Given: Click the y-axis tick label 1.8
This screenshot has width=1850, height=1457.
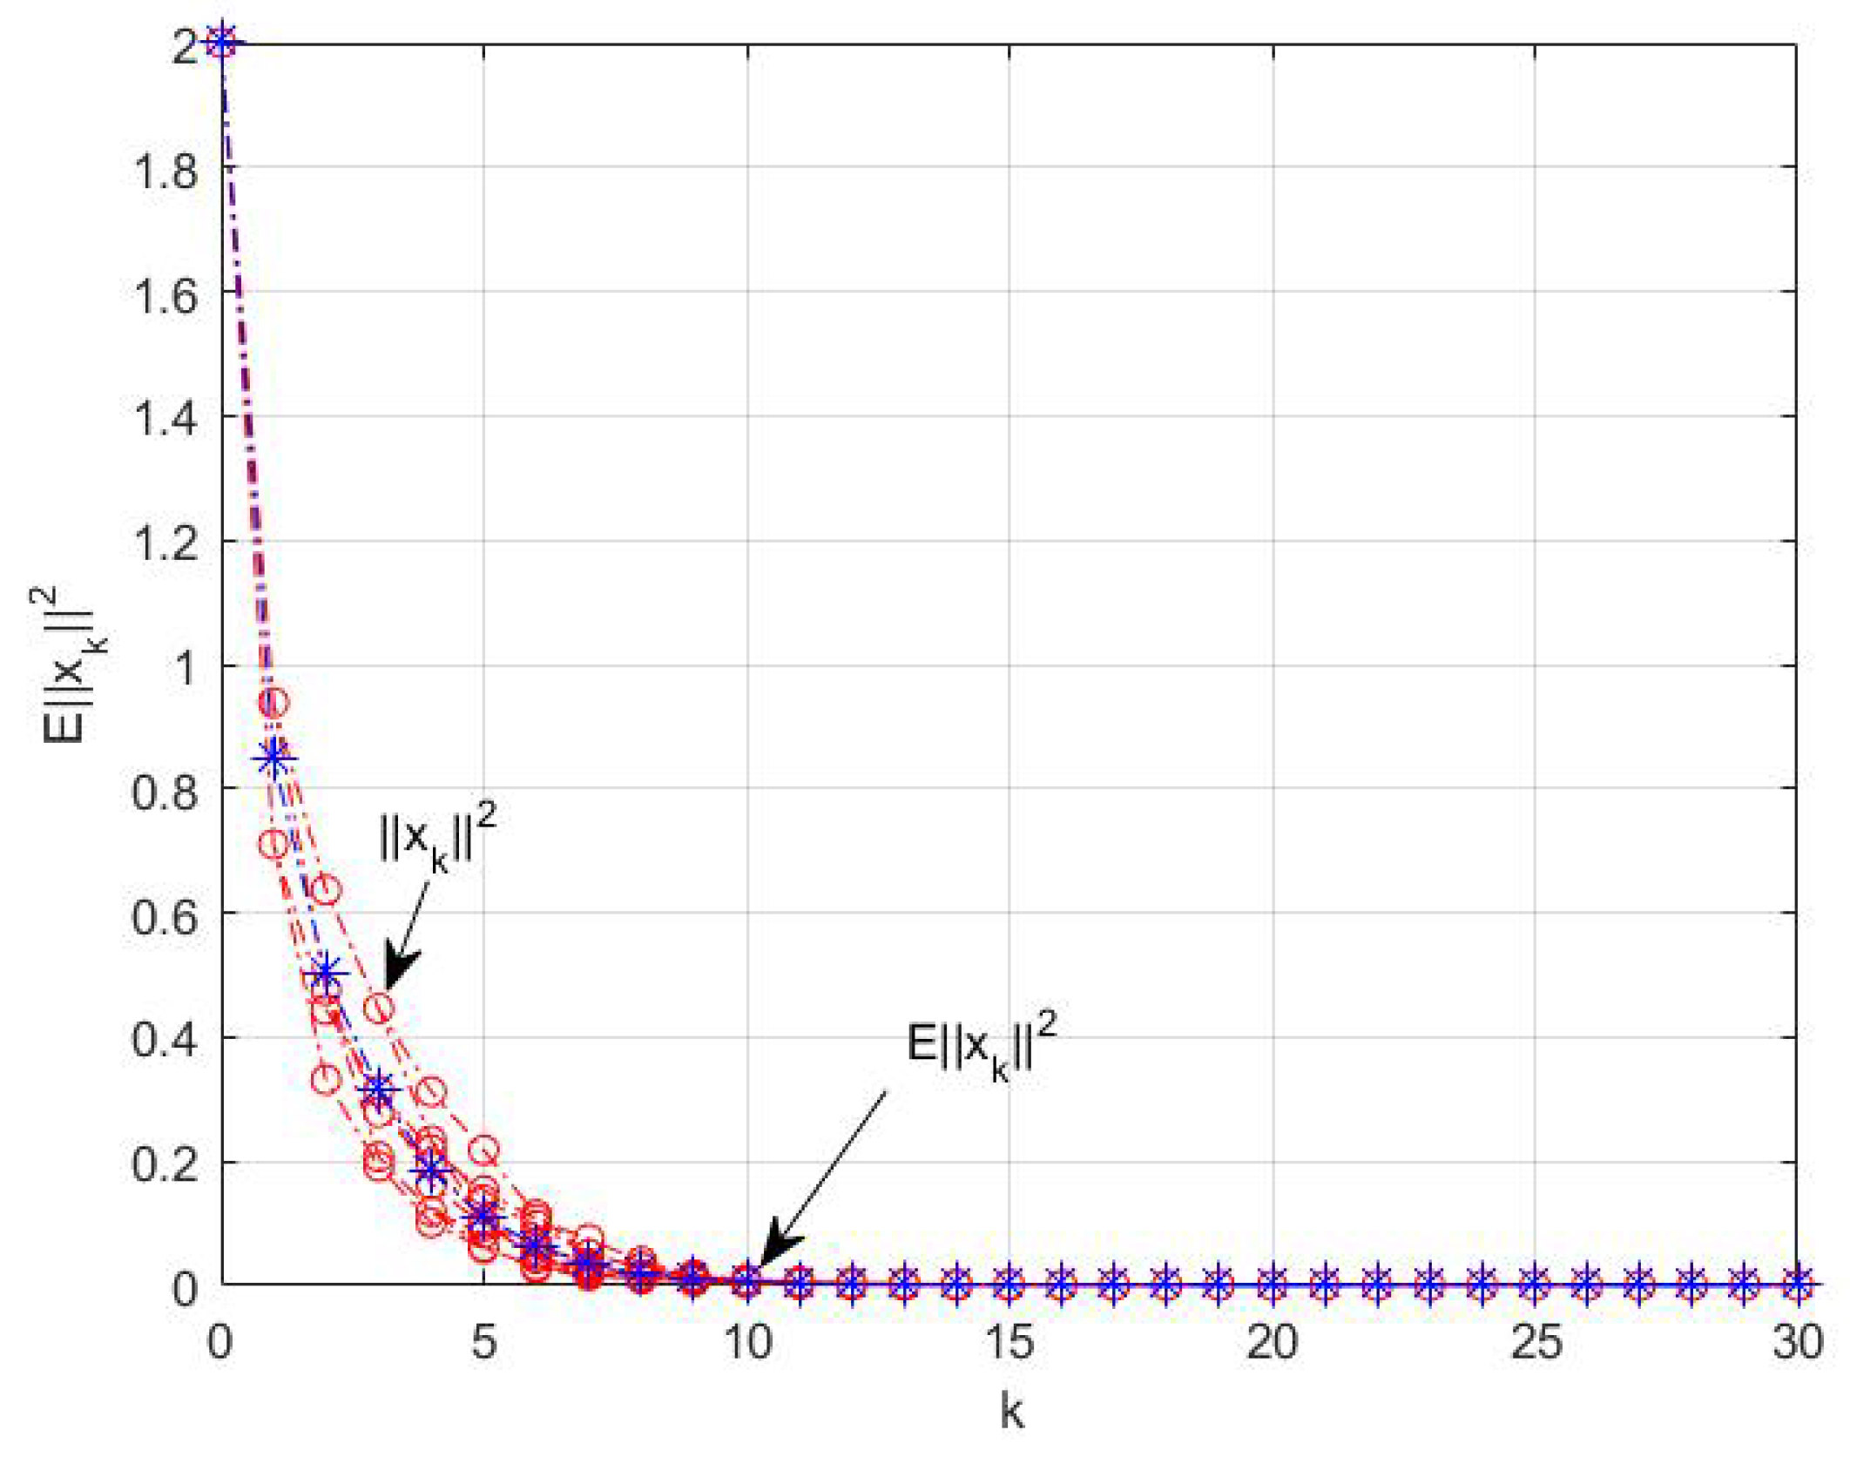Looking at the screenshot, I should click(x=165, y=170).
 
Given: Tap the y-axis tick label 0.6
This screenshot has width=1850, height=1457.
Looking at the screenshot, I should click(x=165, y=918).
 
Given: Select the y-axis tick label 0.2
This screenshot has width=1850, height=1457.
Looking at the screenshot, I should click(x=165, y=1165).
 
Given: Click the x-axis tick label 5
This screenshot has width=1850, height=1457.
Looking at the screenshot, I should click(x=484, y=1342).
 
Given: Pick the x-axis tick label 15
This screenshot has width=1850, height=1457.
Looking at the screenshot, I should click(x=1009, y=1342).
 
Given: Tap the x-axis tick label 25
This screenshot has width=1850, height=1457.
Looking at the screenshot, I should click(x=1536, y=1342).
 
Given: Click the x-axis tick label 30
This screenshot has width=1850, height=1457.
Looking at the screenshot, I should click(x=1798, y=1342).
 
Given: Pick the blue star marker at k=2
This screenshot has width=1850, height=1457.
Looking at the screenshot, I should click(x=327, y=972).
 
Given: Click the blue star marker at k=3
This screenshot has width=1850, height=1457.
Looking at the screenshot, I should click(x=379, y=1089).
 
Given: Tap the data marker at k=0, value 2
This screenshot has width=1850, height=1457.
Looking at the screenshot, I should click(x=222, y=41).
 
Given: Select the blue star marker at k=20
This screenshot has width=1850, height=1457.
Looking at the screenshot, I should click(x=1273, y=1284).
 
